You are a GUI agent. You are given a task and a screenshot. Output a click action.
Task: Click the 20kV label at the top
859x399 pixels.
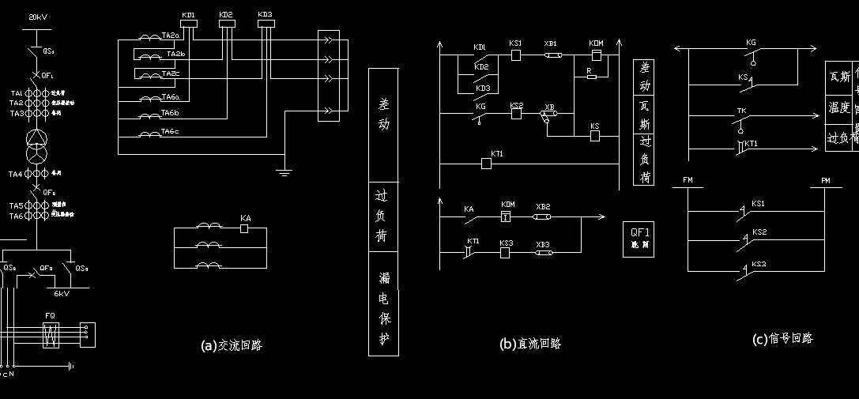tap(39, 17)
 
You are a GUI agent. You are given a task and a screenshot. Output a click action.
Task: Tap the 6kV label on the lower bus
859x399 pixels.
tap(61, 293)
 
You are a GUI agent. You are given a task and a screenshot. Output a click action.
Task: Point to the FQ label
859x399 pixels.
tap(50, 315)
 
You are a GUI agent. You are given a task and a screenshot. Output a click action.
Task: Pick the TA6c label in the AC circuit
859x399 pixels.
tap(171, 131)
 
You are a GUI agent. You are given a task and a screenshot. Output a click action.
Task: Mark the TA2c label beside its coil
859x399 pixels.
tap(171, 73)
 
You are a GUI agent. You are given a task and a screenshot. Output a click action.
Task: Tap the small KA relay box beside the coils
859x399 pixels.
tap(245, 228)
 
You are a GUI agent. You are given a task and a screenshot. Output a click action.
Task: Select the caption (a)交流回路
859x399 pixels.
tap(232, 345)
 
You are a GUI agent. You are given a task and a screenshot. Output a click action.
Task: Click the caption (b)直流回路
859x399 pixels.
tap(530, 344)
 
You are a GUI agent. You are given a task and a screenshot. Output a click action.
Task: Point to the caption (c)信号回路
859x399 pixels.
tap(782, 339)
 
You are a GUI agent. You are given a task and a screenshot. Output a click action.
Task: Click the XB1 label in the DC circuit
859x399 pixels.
tap(551, 43)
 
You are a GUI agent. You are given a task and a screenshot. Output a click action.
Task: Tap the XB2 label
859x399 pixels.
tap(543, 206)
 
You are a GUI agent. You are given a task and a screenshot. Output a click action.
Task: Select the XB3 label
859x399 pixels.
tap(543, 244)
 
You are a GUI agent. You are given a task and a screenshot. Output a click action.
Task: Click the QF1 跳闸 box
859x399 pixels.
tap(639, 237)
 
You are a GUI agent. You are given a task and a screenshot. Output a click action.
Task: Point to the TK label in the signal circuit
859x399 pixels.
tap(741, 111)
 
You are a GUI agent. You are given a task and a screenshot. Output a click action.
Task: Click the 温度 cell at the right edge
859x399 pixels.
tap(838, 106)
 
